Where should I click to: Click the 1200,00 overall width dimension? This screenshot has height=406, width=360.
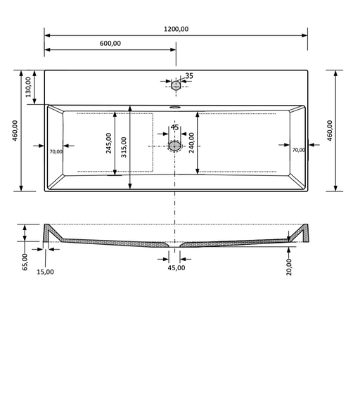click(x=176, y=29)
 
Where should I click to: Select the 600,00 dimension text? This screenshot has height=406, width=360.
click(x=110, y=43)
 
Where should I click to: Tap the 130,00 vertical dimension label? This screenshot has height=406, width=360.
click(x=28, y=87)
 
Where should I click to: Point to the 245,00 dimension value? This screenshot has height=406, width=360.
click(x=109, y=143)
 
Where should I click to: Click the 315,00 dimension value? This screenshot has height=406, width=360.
click(x=124, y=147)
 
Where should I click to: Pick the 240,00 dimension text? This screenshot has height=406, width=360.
click(x=191, y=143)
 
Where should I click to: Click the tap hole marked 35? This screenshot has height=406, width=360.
click(x=176, y=85)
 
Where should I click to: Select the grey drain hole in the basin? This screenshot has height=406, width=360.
click(x=174, y=146)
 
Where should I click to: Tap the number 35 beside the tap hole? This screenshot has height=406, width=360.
click(x=189, y=76)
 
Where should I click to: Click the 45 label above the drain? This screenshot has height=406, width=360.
click(x=174, y=127)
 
